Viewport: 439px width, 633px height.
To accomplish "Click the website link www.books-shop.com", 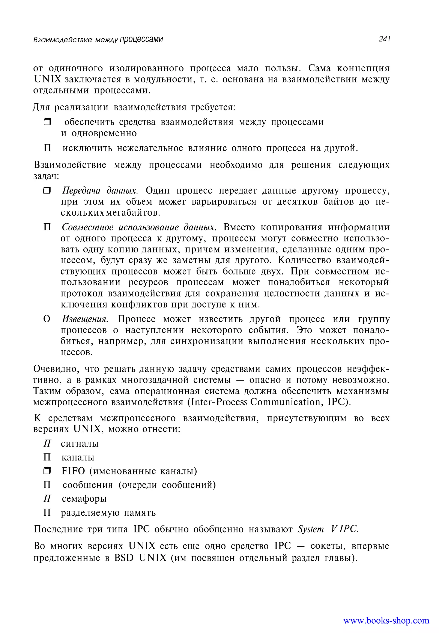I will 386,620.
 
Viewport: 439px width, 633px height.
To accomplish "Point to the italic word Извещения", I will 85,319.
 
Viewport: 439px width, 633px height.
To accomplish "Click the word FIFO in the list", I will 73,471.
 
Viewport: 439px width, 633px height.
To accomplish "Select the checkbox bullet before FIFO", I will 47,471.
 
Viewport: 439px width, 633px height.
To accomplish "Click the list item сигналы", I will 80,444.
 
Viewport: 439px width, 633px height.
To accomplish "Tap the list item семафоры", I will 84,498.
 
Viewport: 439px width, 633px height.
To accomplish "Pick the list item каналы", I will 78,457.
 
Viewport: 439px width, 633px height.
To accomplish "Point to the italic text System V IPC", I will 328,529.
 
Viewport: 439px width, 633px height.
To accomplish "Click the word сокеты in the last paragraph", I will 328,546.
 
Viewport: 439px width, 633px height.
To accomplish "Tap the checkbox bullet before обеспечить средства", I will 47,122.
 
